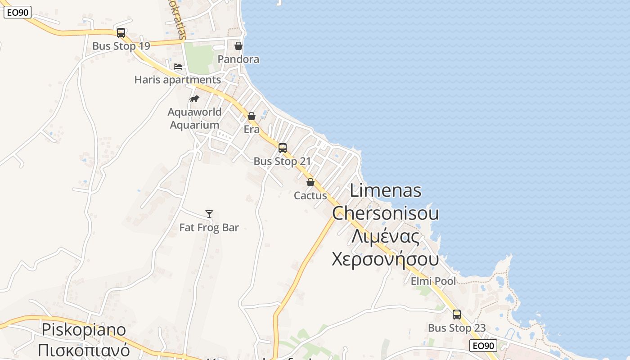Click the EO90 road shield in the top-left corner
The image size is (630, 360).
(x=18, y=12)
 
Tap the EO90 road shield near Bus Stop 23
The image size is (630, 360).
(x=483, y=346)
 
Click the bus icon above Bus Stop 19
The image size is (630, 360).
(x=121, y=33)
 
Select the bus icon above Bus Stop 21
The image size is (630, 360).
(x=283, y=148)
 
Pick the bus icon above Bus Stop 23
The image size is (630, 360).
(x=457, y=315)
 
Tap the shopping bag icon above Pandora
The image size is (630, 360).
(x=238, y=46)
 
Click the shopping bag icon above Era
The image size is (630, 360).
(x=252, y=116)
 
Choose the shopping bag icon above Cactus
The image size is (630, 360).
(x=310, y=182)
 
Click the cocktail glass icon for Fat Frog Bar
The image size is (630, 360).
(x=209, y=214)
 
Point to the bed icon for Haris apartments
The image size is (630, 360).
(x=178, y=67)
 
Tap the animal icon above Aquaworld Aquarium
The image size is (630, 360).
(x=194, y=99)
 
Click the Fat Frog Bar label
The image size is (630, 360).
(x=209, y=228)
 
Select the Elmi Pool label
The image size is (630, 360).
(x=433, y=281)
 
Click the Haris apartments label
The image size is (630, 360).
(x=178, y=80)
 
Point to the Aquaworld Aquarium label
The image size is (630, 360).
(x=194, y=118)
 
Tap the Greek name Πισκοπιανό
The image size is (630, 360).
(x=84, y=350)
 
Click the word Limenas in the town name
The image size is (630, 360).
(x=386, y=190)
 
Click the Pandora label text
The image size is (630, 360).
(x=238, y=59)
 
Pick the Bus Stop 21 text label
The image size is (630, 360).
(x=282, y=161)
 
